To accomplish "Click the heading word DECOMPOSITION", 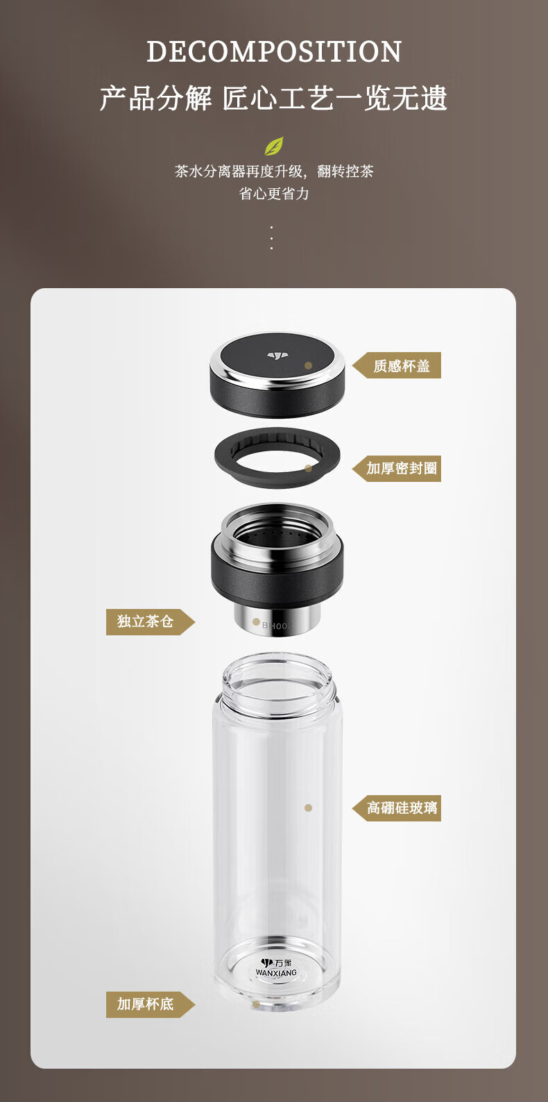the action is pyautogui.click(x=274, y=51).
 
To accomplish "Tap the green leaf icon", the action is pyautogui.click(x=274, y=146).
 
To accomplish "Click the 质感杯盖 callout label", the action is pyautogui.click(x=397, y=365).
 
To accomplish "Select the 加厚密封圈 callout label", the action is pyautogui.click(x=397, y=468).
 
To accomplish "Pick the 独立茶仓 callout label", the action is pyautogui.click(x=150, y=622).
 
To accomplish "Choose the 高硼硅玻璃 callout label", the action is pyautogui.click(x=397, y=808).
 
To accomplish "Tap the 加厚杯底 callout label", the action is pyautogui.click(x=150, y=1005).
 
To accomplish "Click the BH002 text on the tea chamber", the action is pyautogui.click(x=277, y=626).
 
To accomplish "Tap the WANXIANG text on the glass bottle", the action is pyautogui.click(x=276, y=973).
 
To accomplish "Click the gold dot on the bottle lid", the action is pyautogui.click(x=309, y=365).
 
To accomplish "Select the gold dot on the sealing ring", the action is pyautogui.click(x=309, y=468).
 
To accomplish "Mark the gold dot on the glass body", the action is pyautogui.click(x=308, y=808).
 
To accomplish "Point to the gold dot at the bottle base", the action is pyautogui.click(x=256, y=1004).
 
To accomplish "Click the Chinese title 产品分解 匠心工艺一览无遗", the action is pyautogui.click(x=274, y=98).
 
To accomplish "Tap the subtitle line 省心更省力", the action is pyautogui.click(x=274, y=193).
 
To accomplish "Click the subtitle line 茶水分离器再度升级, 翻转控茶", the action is pyautogui.click(x=274, y=172).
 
